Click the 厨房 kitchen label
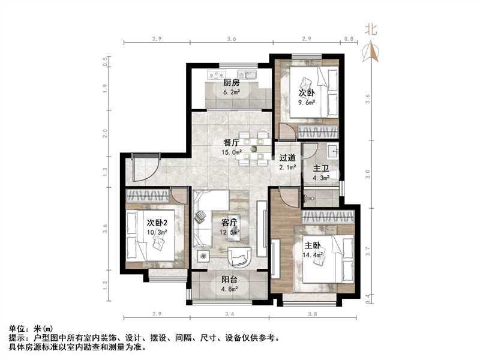pyautogui.click(x=232, y=83)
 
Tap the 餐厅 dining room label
pyautogui.click(x=232, y=143)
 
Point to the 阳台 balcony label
pyautogui.click(x=229, y=279)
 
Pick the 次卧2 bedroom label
pyautogui.click(x=156, y=223)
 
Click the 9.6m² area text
pyautogui.click(x=307, y=102)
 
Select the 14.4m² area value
pyautogui.click(x=314, y=254)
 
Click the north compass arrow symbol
pyautogui.click(x=372, y=52)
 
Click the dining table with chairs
pyautogui.click(x=251, y=146)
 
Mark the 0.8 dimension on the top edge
pyautogui.click(x=349, y=38)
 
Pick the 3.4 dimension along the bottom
pyautogui.click(x=229, y=314)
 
